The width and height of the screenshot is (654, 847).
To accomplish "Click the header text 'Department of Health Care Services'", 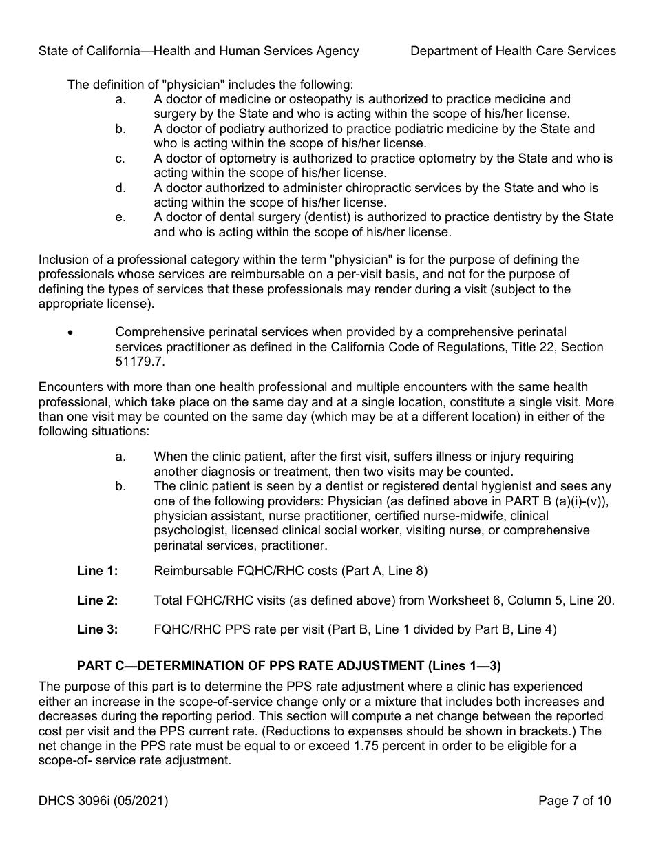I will [513, 50].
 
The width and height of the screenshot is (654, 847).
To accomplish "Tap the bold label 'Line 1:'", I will [97, 571].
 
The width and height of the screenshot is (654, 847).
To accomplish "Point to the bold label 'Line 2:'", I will [97, 600].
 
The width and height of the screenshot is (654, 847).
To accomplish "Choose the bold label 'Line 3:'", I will [97, 629].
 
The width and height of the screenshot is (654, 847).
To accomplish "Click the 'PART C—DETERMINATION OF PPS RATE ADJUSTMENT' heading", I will [289, 666].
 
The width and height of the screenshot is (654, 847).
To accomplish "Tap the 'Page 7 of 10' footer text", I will [574, 801].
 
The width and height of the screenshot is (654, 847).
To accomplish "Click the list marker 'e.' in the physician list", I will [120, 218].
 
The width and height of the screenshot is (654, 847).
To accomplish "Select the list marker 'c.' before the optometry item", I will [120, 158].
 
